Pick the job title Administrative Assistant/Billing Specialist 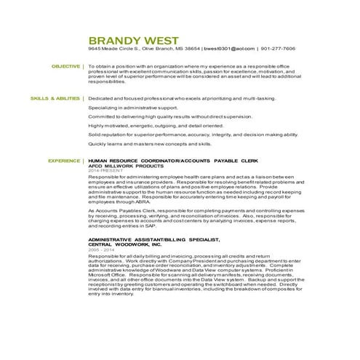tap(153, 238)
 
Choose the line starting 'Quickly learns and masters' tap(150, 144)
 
